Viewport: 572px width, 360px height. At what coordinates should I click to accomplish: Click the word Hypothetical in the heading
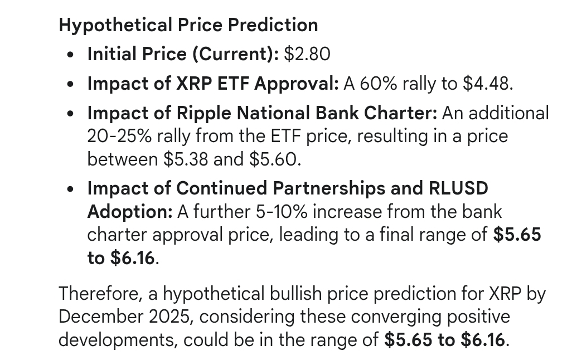[115, 26]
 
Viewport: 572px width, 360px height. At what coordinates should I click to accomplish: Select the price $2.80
[307, 54]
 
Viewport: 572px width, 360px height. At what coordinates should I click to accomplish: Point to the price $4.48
[488, 84]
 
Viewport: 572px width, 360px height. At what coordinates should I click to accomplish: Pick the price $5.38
[186, 159]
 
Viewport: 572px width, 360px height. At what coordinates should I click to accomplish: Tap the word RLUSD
[458, 188]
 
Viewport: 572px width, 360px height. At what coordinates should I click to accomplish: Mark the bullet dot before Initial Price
[70, 55]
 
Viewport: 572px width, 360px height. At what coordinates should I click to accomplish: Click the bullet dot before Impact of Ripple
[70, 114]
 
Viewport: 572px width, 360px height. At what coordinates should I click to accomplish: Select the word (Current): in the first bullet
[236, 55]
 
